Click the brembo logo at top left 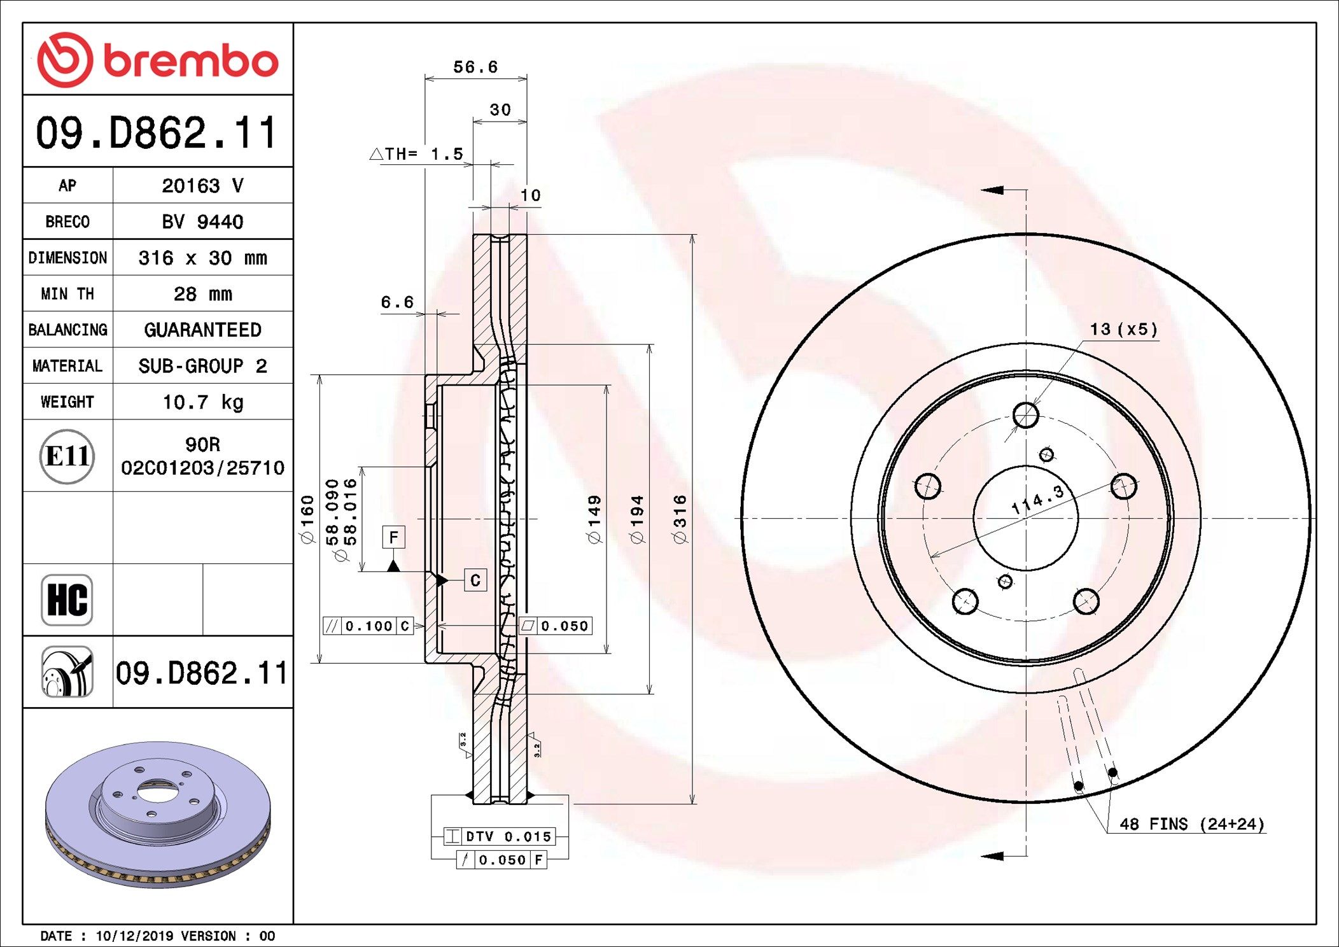(157, 60)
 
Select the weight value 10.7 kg (202, 402)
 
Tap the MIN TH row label (67, 294)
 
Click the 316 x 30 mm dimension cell (202, 258)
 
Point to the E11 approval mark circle (67, 456)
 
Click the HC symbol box (67, 600)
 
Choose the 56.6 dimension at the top (475, 67)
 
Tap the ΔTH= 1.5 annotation (417, 154)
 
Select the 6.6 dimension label (397, 302)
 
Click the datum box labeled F (393, 537)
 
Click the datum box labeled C (475, 580)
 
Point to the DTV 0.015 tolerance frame (500, 836)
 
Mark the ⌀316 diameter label (680, 519)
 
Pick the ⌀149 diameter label (594, 519)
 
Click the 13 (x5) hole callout (1123, 329)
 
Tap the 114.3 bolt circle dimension (1037, 500)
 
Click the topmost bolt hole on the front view (1025, 416)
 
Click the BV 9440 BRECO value (202, 221)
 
